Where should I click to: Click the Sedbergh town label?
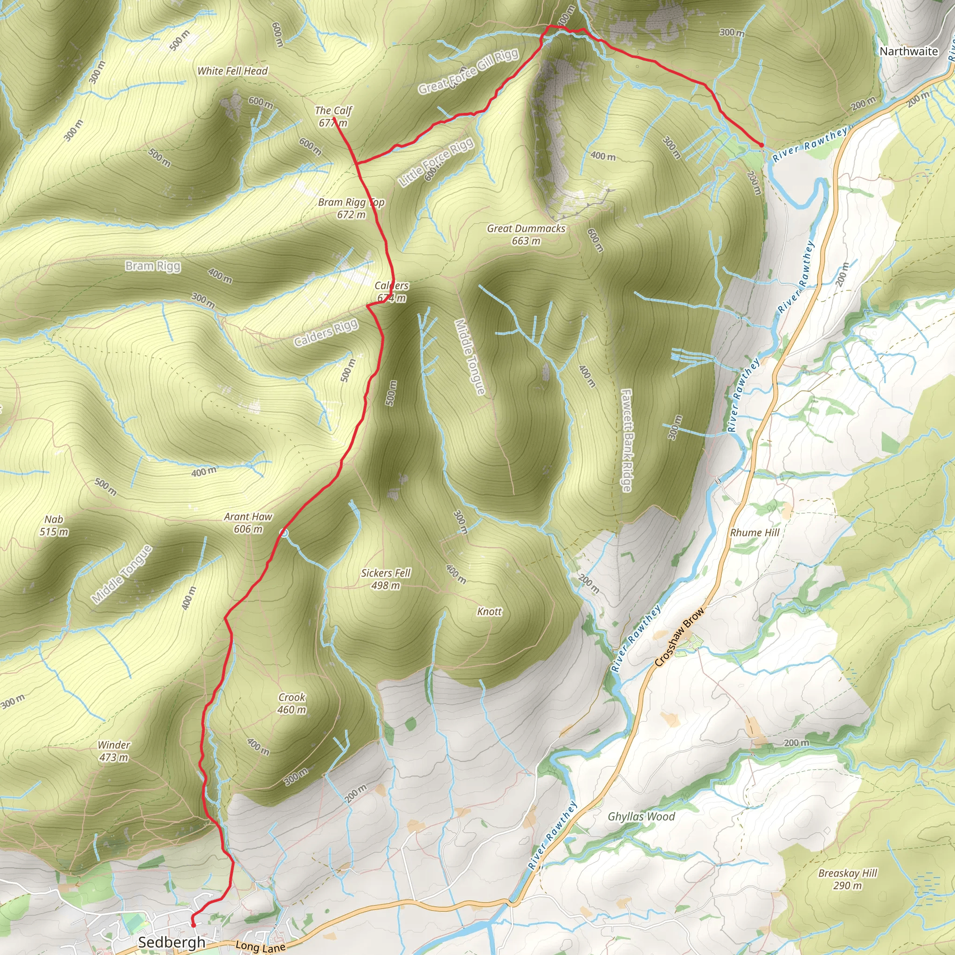171,942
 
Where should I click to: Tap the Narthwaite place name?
908,51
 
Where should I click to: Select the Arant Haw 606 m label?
248,522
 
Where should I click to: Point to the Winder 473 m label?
114,751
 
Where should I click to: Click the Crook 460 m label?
291,703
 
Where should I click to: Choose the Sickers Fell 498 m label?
386,579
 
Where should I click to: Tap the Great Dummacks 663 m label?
526,234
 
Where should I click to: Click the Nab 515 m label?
54,526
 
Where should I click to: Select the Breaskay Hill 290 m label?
847,879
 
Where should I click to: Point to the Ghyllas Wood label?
641,817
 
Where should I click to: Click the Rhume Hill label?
754,533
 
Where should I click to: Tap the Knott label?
489,611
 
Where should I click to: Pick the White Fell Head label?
232,71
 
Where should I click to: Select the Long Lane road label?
261,946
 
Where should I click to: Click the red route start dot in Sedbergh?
193,925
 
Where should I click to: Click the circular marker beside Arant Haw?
284,533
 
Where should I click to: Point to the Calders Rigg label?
326,332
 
